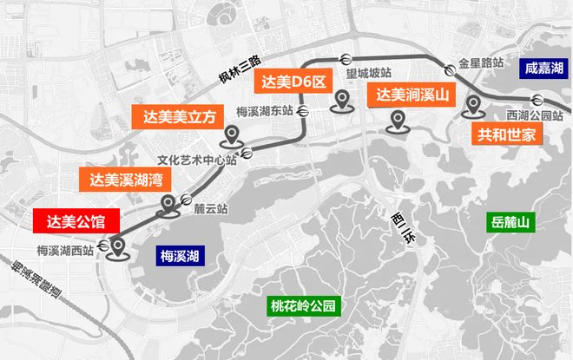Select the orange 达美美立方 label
pyautogui.click(x=176, y=116)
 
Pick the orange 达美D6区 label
pyautogui.click(x=293, y=83)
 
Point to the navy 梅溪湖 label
pyautogui.click(x=180, y=256)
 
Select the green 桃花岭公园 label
pyautogui.click(x=302, y=305)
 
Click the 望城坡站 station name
pyautogui.click(x=368, y=75)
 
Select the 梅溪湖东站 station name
pyautogui.click(x=264, y=113)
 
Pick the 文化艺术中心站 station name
pyautogui.click(x=197, y=160)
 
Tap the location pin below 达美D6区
pyautogui.click(x=343, y=103)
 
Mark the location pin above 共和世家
pyautogui.click(x=473, y=108)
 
